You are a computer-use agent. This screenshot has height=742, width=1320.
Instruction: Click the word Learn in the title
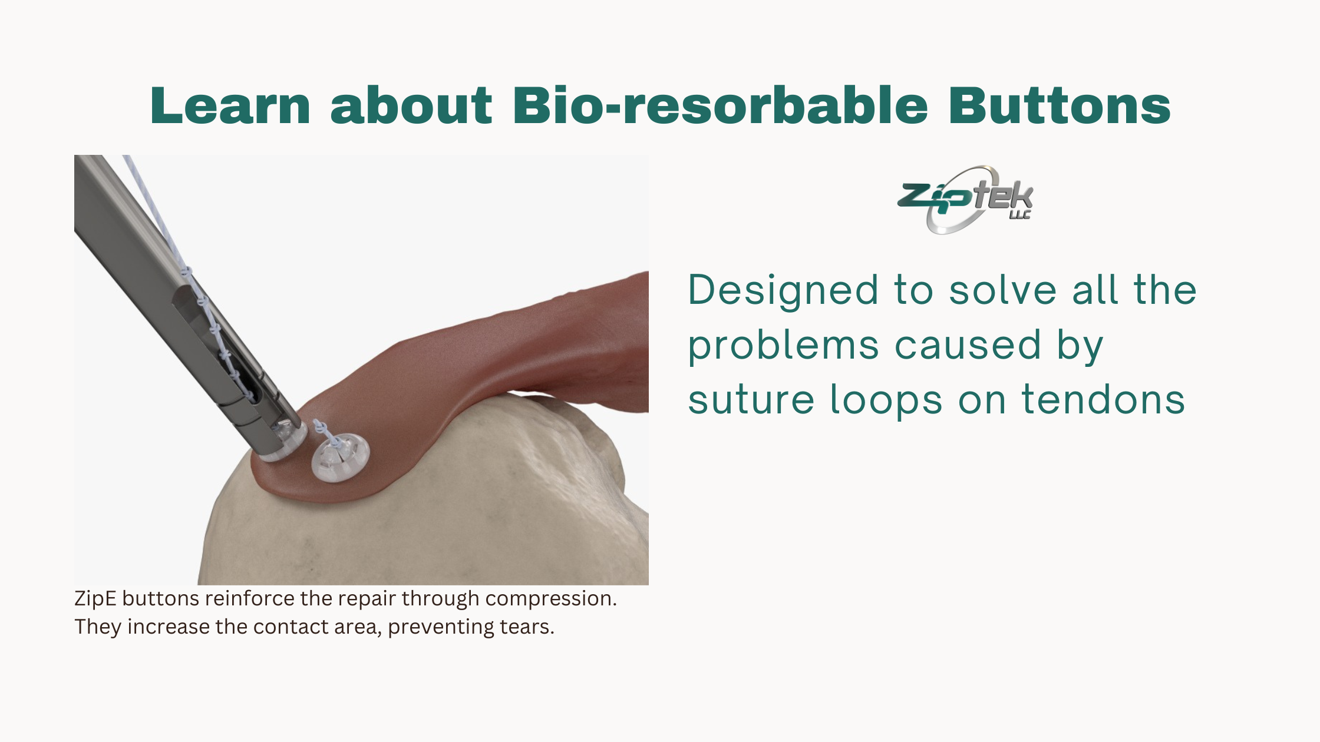point(230,105)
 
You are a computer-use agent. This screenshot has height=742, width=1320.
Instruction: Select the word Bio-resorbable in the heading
point(721,105)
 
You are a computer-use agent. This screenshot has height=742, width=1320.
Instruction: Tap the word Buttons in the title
point(1060,105)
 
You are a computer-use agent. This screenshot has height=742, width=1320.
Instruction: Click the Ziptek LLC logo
point(965,199)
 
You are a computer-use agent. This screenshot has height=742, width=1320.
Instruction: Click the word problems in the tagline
point(784,346)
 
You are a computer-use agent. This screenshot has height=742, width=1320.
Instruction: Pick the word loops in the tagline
point(886,400)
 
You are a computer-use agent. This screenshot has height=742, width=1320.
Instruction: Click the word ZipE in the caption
point(95,598)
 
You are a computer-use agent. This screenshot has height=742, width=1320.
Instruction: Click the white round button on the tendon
point(340,457)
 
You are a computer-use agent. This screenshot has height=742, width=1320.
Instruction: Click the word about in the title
point(411,105)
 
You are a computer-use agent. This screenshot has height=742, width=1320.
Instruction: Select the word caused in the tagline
point(968,345)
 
